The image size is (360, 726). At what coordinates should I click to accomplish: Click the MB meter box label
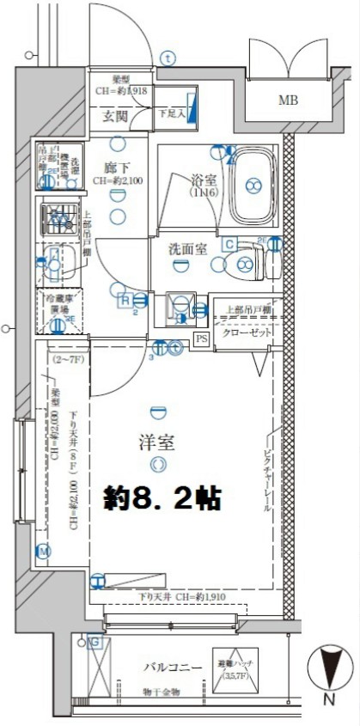289,100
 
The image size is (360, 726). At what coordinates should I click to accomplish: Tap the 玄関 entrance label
117,114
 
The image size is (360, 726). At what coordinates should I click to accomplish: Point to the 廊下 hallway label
118,168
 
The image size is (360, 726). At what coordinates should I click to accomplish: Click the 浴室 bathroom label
203,181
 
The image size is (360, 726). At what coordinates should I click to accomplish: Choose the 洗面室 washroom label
186,248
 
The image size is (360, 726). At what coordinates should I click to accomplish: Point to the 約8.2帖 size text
162,498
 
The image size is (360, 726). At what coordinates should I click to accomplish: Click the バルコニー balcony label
172,668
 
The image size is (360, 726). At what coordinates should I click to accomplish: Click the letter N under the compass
329,702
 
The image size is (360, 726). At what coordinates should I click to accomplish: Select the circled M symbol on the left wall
43,551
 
